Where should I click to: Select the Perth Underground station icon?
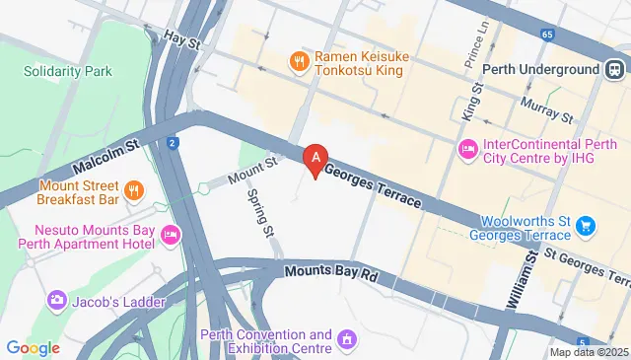[x=613, y=70]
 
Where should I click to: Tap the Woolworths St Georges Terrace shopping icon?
[x=586, y=227]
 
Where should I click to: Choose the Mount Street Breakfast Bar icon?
[x=134, y=188]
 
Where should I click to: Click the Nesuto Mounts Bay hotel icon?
[x=170, y=235]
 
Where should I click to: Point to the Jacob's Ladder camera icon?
[x=56, y=298]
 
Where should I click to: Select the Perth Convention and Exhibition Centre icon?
[x=346, y=341]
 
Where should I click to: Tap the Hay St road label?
[x=181, y=42]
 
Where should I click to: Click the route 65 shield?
[x=547, y=35]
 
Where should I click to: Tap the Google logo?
[x=33, y=347]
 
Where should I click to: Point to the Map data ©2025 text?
[x=589, y=352]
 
